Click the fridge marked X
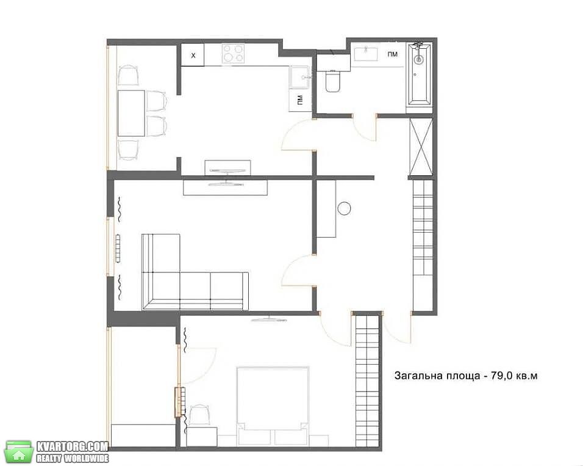click(193, 55)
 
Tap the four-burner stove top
click(233, 53)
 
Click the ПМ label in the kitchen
click(299, 100)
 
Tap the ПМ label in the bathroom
click(392, 54)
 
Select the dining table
click(131, 113)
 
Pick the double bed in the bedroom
click(273, 406)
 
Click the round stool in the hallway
click(344, 208)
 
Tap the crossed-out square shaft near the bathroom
click(421, 147)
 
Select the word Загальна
click(418, 376)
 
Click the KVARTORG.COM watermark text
click(72, 446)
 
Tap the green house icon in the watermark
click(18, 452)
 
